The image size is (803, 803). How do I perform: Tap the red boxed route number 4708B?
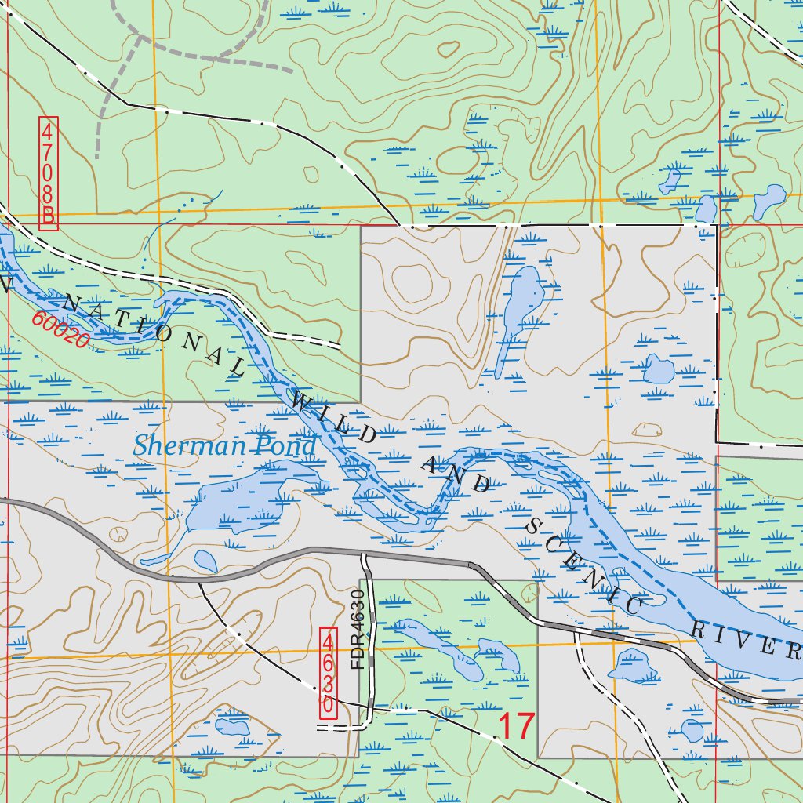tap(49, 173)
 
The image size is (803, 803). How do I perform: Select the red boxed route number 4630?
tap(329, 672)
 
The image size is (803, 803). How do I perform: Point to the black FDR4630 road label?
tap(359, 630)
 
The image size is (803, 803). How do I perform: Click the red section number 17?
tap(515, 726)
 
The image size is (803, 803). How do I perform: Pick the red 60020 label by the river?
tap(60, 330)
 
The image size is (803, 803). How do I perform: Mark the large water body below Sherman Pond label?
tap(235, 502)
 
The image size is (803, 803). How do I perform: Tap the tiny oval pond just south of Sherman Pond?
tap(205, 561)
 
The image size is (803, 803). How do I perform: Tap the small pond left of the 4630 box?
tap(233, 725)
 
